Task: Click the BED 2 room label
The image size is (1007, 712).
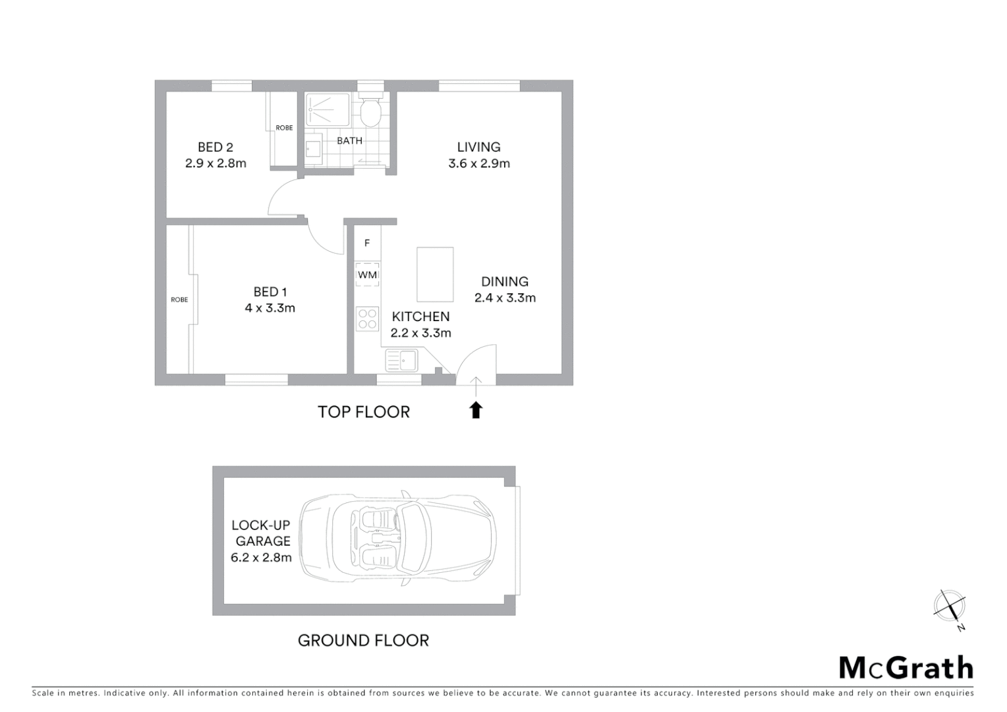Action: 216,147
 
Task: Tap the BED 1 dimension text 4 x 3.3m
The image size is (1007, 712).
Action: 270,308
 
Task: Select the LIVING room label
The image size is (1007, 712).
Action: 478,147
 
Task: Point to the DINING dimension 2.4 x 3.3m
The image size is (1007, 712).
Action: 505,298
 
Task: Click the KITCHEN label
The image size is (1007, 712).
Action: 420,317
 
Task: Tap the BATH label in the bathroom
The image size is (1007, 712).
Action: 349,140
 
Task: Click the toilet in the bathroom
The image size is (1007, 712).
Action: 371,113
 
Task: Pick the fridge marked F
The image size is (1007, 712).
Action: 367,243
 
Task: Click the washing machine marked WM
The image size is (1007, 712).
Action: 367,274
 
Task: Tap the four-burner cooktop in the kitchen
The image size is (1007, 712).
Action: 367,319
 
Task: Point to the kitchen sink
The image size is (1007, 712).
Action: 401,361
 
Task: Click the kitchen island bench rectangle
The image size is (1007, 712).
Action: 435,274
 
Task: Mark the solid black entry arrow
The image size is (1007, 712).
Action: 476,410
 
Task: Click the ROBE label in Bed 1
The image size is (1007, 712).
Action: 179,300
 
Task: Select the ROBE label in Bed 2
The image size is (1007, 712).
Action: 284,128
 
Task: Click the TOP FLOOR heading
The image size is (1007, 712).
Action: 364,412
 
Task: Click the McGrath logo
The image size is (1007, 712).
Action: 906,668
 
